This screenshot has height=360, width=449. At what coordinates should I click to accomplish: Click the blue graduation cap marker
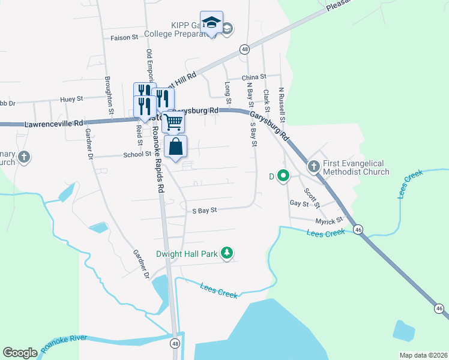point(211,23)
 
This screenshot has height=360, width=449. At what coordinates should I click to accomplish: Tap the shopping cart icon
point(173,122)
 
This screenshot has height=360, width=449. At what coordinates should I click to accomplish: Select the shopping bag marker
point(175,146)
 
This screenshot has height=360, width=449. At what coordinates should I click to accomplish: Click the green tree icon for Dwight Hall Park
point(227,253)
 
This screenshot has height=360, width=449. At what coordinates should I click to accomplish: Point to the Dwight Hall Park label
point(187,254)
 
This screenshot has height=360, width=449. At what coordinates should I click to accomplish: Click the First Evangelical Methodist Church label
point(357,167)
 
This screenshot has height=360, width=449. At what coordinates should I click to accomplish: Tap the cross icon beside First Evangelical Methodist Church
point(313,166)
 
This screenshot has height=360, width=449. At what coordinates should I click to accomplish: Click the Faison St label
point(125,37)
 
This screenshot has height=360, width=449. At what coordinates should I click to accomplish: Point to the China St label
point(253,77)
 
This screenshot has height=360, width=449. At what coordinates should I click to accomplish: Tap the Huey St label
point(71,99)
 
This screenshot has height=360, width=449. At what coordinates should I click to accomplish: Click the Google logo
point(20,353)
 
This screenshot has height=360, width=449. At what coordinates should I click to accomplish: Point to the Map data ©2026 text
point(423,355)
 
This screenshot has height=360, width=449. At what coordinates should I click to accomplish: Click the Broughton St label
point(110,94)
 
